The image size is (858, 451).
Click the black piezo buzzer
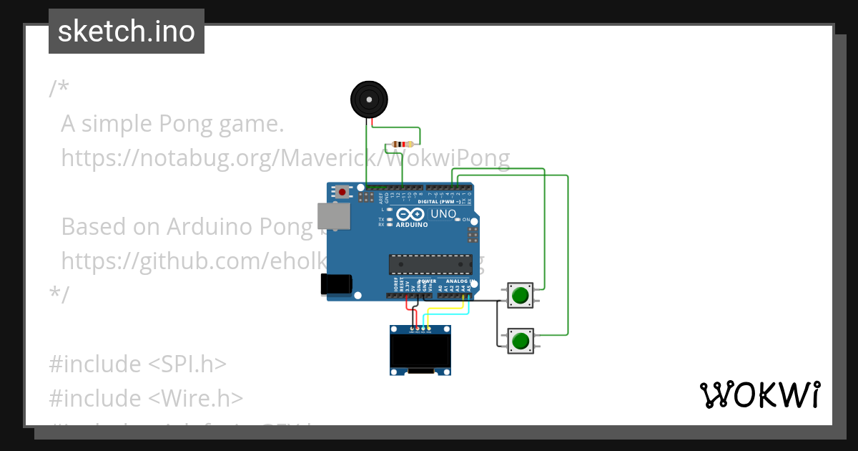369,99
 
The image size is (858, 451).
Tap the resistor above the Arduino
403,145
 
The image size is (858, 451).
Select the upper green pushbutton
521,295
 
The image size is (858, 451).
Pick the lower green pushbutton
521,339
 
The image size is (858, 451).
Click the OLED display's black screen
420,351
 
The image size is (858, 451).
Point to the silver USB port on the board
331,214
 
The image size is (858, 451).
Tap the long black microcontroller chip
430,264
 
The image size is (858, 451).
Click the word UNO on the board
443,213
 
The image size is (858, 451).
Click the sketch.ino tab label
127,31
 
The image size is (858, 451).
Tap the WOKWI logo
760,395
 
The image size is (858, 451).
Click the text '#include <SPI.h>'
137,364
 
